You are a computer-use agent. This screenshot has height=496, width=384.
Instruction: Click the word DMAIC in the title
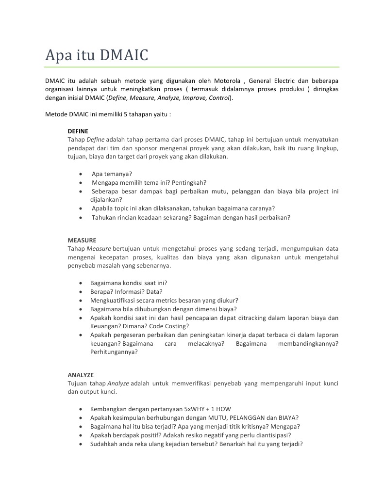(123, 55)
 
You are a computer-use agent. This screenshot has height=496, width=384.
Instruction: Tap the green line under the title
(192, 66)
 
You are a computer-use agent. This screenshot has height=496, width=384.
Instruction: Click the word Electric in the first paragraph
(287, 80)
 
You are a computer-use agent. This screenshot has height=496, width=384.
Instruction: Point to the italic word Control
(219, 98)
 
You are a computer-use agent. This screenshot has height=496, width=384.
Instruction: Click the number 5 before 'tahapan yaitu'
(125, 115)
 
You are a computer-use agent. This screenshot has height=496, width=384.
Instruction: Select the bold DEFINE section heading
(78, 131)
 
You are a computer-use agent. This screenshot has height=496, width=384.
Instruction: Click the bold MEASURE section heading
(82, 240)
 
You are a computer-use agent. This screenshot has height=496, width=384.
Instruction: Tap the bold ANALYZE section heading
(81, 375)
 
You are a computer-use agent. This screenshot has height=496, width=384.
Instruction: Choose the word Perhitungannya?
(114, 352)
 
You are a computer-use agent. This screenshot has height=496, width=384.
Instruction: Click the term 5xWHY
(193, 409)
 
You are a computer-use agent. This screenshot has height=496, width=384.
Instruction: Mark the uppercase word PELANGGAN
(240, 418)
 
